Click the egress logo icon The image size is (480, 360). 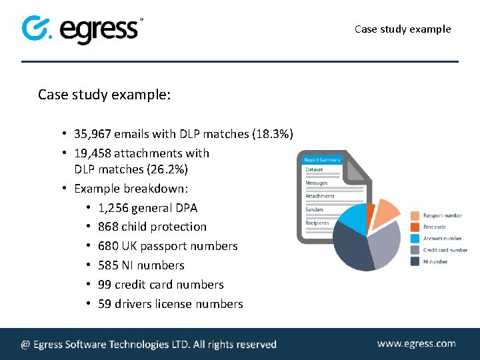[x=37, y=29]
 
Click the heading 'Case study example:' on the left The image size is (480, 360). [x=105, y=95]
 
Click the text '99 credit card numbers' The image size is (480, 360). [x=161, y=285]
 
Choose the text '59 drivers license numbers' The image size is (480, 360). [x=170, y=304]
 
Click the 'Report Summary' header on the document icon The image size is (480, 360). [x=322, y=159]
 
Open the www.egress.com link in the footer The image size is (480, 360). [x=416, y=344]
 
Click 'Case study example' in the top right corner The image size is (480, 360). [x=403, y=29]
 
